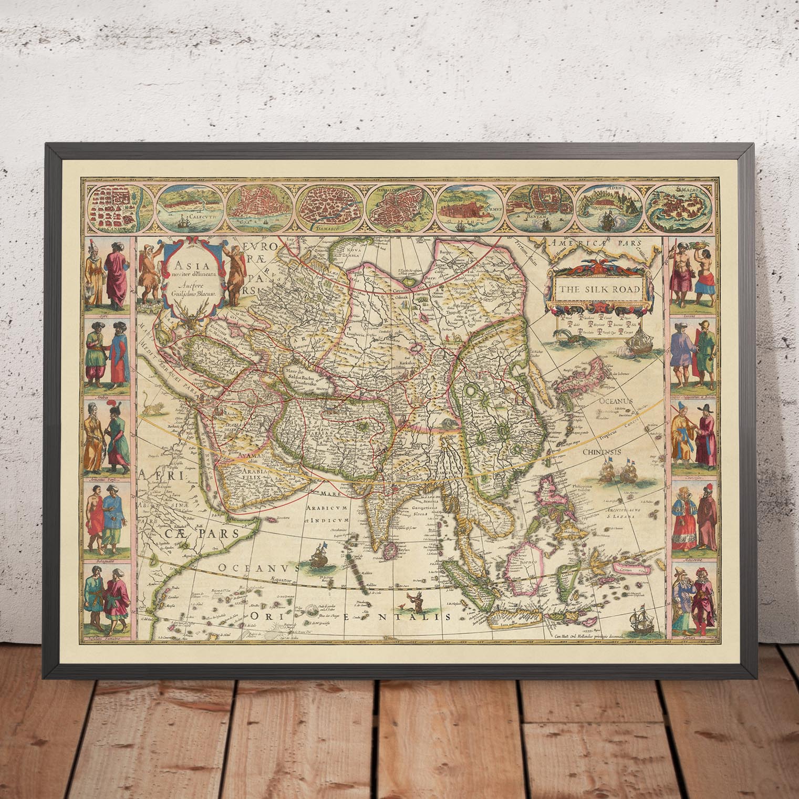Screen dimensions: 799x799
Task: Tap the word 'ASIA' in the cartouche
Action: (179, 265)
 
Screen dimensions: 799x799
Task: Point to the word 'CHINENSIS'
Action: (605, 451)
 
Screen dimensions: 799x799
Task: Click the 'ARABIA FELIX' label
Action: (255, 474)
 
